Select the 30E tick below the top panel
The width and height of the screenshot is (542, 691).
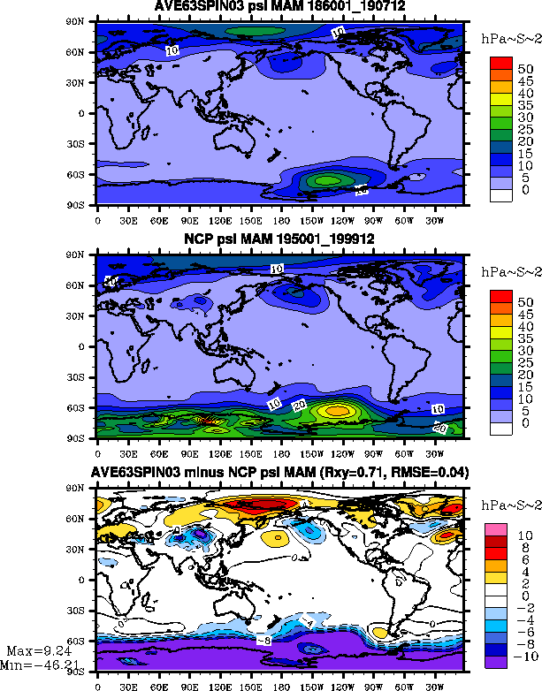tap(127, 219)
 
